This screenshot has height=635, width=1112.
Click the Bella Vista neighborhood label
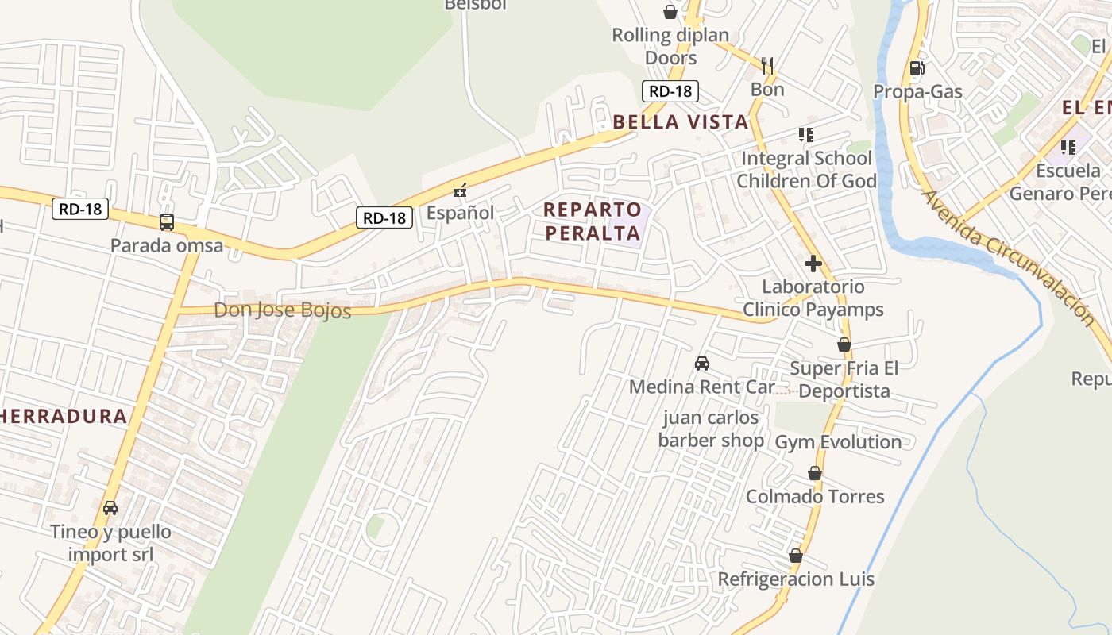(681, 121)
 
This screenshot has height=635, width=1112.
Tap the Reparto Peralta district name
(593, 221)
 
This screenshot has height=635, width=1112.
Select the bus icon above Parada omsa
(167, 222)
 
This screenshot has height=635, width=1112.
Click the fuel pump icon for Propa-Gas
(917, 68)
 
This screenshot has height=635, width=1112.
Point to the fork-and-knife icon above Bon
(767, 64)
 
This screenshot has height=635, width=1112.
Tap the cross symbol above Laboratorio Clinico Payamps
(813, 264)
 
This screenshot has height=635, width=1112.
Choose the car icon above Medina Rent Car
(702, 364)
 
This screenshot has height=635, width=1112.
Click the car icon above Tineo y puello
(110, 507)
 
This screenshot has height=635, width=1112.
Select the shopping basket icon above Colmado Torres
(814, 473)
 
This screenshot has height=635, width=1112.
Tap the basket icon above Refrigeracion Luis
(796, 556)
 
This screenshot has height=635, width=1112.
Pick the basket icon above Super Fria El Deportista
(844, 344)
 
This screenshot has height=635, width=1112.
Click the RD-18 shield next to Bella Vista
(670, 90)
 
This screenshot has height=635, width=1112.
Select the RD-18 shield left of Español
(384, 217)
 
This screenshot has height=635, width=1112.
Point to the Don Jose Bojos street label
(282, 310)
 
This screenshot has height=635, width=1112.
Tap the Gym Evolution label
(838, 442)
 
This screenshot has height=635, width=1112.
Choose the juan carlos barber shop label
(711, 429)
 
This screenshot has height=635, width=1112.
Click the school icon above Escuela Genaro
(1068, 147)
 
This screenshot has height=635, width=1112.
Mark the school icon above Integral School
(806, 135)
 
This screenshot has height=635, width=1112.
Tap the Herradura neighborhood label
(64, 416)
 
